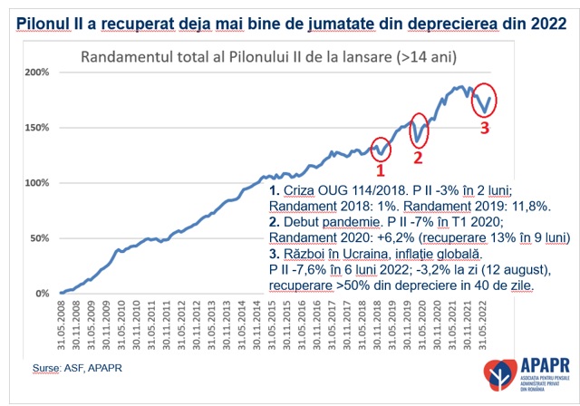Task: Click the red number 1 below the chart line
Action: click(381, 169)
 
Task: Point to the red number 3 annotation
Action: click(484, 127)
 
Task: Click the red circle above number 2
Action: click(419, 131)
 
